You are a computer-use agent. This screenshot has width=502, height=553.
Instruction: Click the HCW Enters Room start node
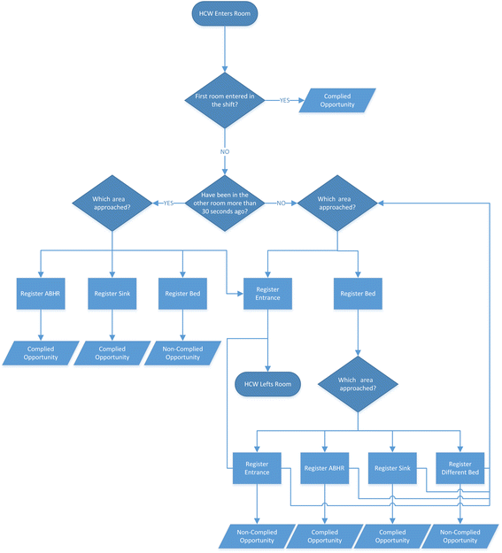(x=225, y=14)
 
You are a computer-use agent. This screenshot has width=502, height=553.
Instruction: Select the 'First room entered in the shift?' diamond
(x=225, y=99)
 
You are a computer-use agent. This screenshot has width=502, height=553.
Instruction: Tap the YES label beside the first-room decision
(x=284, y=100)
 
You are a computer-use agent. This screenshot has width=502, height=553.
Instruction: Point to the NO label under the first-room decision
(x=225, y=152)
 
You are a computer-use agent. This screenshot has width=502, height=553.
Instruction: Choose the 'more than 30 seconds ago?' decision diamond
(x=225, y=203)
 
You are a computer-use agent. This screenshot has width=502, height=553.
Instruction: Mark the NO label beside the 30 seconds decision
(x=281, y=203)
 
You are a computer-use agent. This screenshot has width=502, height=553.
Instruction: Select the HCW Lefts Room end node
(x=268, y=384)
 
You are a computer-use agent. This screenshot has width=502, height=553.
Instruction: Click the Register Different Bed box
(x=460, y=468)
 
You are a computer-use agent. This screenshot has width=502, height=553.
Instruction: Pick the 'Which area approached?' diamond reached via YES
(x=112, y=203)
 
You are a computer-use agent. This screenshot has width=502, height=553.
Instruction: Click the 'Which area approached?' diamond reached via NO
(x=338, y=203)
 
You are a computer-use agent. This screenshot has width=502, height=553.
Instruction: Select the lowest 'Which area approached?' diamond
(x=358, y=384)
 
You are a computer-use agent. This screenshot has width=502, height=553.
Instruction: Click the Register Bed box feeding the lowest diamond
(x=358, y=293)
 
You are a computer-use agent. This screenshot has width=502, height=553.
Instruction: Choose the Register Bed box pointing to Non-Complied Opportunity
(x=182, y=293)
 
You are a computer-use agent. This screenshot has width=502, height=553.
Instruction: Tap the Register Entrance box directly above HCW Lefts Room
(x=268, y=293)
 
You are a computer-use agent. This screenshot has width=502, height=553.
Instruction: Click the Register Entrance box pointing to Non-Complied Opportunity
(x=257, y=468)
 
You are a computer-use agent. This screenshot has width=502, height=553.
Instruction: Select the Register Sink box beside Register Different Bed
(x=392, y=468)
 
